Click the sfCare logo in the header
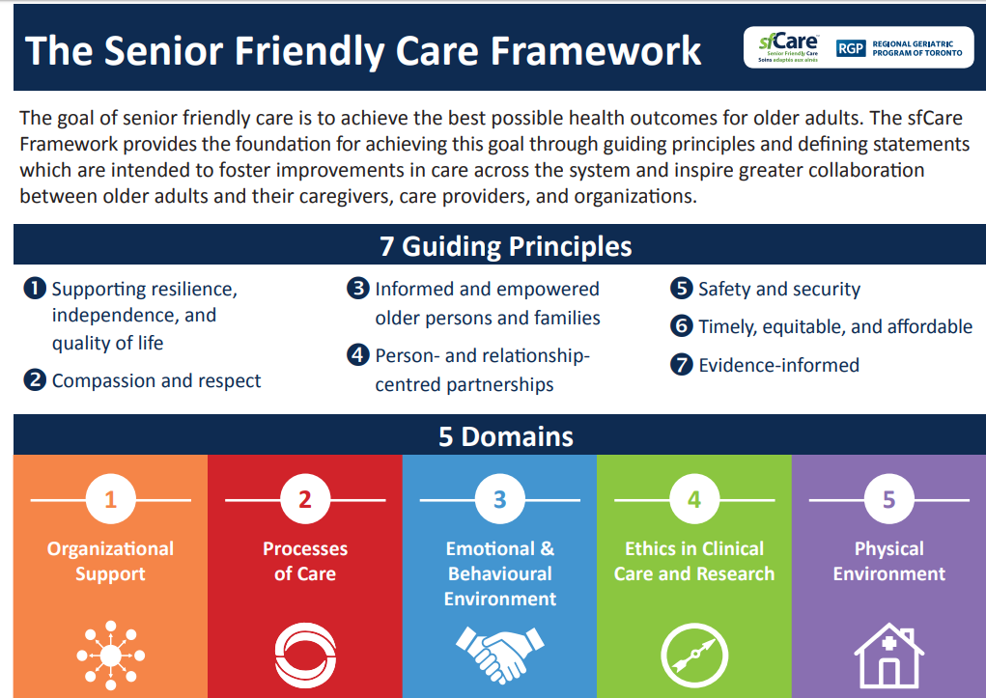click(x=788, y=47)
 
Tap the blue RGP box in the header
click(x=851, y=48)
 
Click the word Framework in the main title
click(x=596, y=50)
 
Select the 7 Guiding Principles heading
click(x=506, y=246)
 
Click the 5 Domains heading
click(x=506, y=436)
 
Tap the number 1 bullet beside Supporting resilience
click(x=35, y=289)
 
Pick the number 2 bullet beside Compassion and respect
click(x=35, y=379)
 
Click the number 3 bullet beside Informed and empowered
click(x=358, y=288)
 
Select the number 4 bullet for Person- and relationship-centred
click(x=358, y=354)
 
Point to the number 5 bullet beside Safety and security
click(x=681, y=288)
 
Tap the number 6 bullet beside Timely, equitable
click(x=681, y=325)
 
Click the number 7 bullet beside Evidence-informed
click(x=681, y=364)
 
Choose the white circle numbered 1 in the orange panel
click(x=111, y=499)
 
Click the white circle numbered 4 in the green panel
click(x=694, y=499)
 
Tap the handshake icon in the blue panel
click(x=500, y=655)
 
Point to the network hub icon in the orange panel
click(x=111, y=656)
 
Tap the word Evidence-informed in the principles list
click(x=779, y=365)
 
